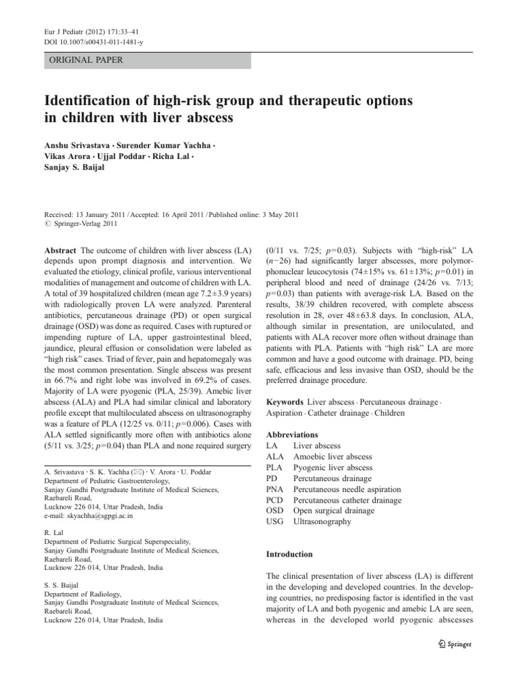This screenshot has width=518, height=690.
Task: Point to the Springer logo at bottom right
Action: pos(453,644)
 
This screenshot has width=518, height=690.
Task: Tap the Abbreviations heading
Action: pos(295,435)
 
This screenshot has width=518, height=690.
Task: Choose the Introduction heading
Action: pos(290,554)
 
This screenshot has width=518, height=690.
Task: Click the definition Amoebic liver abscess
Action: pos(333,457)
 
